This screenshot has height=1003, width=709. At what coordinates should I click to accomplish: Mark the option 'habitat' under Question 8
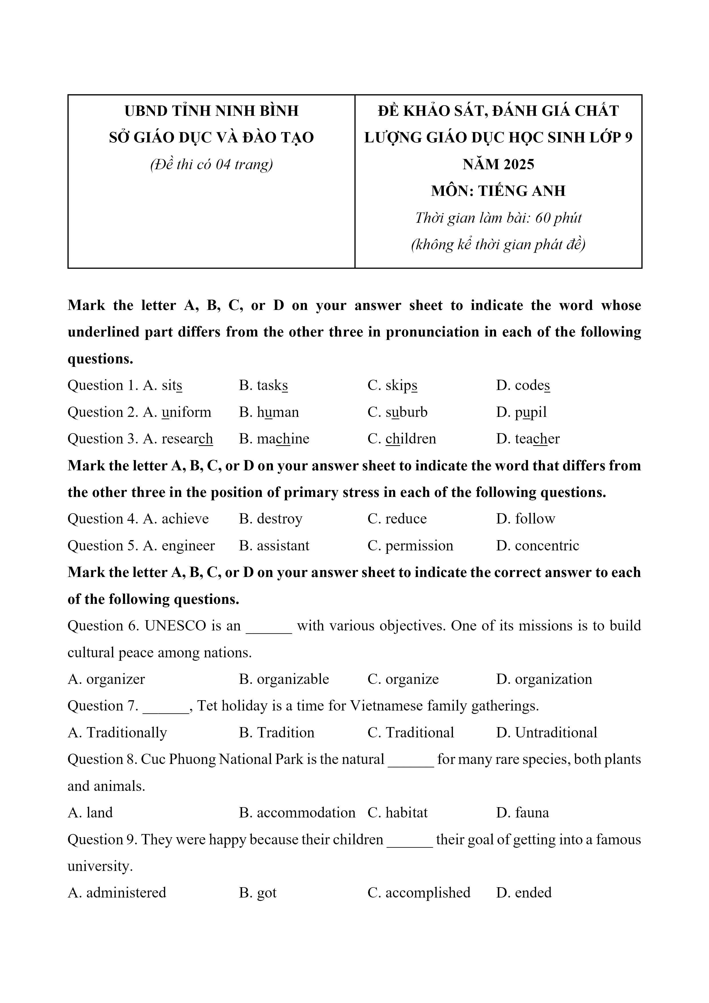406,813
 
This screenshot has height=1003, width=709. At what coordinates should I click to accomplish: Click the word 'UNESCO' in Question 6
175,626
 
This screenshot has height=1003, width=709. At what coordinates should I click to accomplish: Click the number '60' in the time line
542,218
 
